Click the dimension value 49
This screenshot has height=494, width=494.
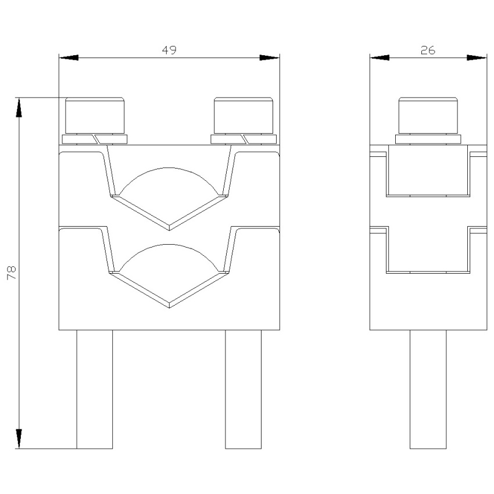point(169,50)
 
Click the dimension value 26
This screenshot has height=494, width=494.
point(428,50)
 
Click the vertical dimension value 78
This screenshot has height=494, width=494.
point(12,273)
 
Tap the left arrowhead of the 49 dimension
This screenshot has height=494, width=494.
point(69,58)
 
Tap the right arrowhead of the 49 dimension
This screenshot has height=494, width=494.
point(270,58)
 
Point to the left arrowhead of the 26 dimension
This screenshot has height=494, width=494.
point(380,58)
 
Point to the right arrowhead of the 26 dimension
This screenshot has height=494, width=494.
point(477,58)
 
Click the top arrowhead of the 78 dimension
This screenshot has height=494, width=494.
point(19,108)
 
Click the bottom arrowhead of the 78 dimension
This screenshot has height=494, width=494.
point(19,439)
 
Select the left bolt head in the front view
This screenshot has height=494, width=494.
point(95,115)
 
